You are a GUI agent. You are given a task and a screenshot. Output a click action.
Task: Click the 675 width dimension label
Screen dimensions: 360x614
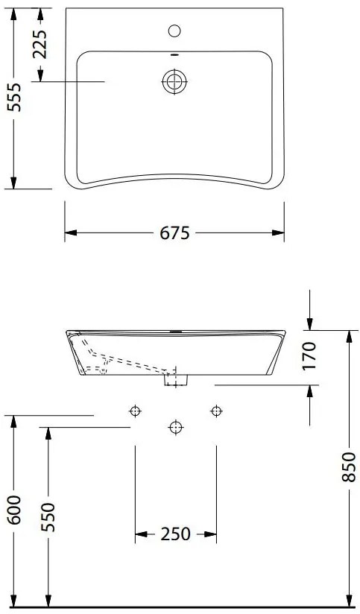174,233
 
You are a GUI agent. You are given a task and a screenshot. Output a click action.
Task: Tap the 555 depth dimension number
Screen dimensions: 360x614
14,98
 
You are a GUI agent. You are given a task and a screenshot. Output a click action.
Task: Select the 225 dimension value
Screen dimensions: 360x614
40,44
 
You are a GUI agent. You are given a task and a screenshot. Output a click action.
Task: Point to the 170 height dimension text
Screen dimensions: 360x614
309,356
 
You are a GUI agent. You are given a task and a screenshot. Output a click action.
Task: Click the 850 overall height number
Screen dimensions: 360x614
348,466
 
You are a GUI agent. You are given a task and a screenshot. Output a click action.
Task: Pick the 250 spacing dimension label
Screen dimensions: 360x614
175,534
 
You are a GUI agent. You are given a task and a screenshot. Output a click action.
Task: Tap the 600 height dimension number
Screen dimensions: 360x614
14,510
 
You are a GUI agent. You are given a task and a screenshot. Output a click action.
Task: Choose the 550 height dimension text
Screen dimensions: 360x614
48,517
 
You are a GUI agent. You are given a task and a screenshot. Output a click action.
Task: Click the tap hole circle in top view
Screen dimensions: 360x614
174,31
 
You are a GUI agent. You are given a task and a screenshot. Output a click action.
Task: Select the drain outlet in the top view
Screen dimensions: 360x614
174,81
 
